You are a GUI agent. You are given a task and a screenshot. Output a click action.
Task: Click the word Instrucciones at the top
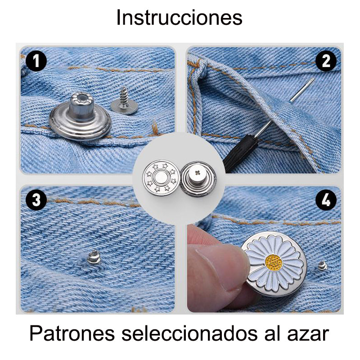[x=179, y=18]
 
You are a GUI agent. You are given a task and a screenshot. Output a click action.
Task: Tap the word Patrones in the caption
[x=72, y=333]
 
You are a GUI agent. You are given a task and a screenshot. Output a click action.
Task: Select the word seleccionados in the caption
[x=189, y=333]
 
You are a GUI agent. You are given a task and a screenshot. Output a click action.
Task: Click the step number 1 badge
[x=36, y=61]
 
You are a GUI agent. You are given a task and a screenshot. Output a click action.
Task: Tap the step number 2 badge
[x=326, y=61]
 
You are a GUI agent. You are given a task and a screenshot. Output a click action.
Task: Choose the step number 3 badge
[x=36, y=200]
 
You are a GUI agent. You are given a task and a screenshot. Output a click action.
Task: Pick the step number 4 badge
[x=326, y=200]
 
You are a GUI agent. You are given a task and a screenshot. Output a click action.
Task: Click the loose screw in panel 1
[x=124, y=101]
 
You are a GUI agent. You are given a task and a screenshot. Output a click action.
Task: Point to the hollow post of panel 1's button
[x=81, y=105]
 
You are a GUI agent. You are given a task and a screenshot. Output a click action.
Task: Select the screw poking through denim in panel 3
[x=94, y=257]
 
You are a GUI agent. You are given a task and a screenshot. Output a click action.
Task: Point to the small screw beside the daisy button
[x=323, y=265]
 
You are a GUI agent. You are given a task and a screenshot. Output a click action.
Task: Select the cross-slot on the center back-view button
[x=197, y=173]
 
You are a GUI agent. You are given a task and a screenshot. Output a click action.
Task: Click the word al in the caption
[x=272, y=333]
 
